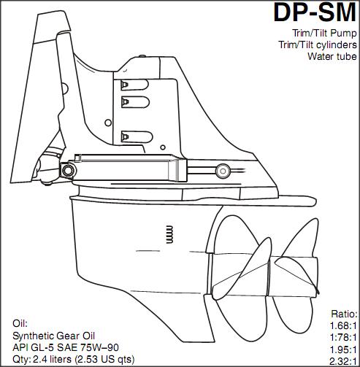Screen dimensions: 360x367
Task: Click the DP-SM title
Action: pyautogui.click(x=315, y=12)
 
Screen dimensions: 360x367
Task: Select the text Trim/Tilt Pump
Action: pyautogui.click(x=324, y=33)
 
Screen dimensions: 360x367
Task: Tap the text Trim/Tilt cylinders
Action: pyautogui.click(x=318, y=45)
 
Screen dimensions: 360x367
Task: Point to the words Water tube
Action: pyautogui.click(x=332, y=56)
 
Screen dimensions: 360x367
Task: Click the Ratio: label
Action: pyautogui.click(x=344, y=314)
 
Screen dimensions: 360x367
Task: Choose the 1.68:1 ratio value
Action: pyautogui.click(x=343, y=325)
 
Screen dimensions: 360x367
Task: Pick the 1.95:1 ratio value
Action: pyautogui.click(x=343, y=349)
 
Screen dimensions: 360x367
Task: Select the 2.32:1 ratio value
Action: pyautogui.click(x=343, y=360)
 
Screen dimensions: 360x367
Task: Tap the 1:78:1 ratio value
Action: pyautogui.click(x=343, y=337)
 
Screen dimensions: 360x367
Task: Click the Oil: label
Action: pyautogui.click(x=20, y=324)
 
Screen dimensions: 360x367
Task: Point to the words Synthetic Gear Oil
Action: pyautogui.click(x=53, y=336)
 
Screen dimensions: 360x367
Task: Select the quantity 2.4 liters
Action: pyautogui.click(x=52, y=359)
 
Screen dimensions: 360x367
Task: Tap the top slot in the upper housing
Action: pyautogui.click(x=134, y=85)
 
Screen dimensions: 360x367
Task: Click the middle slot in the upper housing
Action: pyautogui.click(x=135, y=102)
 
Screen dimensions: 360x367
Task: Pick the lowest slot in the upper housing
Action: pyautogui.click(x=137, y=137)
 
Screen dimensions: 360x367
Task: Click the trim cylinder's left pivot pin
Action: pyautogui.click(x=68, y=170)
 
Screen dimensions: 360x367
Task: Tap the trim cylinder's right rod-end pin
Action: pyautogui.click(x=223, y=171)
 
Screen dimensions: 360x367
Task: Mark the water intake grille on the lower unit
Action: pyautogui.click(x=169, y=234)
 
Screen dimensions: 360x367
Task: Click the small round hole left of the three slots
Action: pyautogui.click(x=108, y=123)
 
